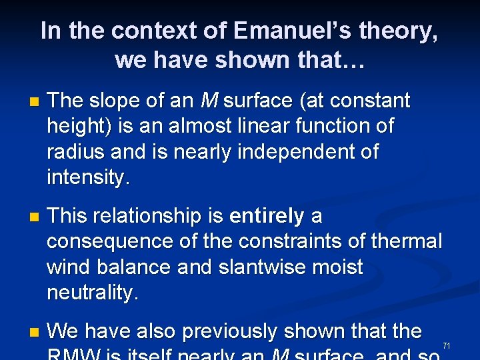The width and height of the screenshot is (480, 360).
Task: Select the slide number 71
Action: (x=447, y=345)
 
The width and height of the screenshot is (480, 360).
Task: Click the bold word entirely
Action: (x=266, y=216)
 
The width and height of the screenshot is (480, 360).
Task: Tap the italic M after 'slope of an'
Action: (x=209, y=101)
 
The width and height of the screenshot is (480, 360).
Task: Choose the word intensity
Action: (x=88, y=177)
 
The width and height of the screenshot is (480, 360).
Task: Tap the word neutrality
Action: (x=92, y=292)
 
